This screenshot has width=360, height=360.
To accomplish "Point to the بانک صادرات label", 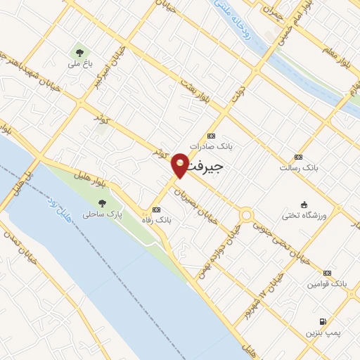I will click(215, 146).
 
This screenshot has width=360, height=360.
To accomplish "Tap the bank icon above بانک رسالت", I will click(298, 157).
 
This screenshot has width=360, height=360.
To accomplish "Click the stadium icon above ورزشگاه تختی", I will click(304, 203).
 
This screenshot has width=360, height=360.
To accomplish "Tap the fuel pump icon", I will click(322, 321).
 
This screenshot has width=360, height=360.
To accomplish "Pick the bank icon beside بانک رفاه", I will click(156, 210).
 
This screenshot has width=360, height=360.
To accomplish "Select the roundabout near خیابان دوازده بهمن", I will click(245, 214).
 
